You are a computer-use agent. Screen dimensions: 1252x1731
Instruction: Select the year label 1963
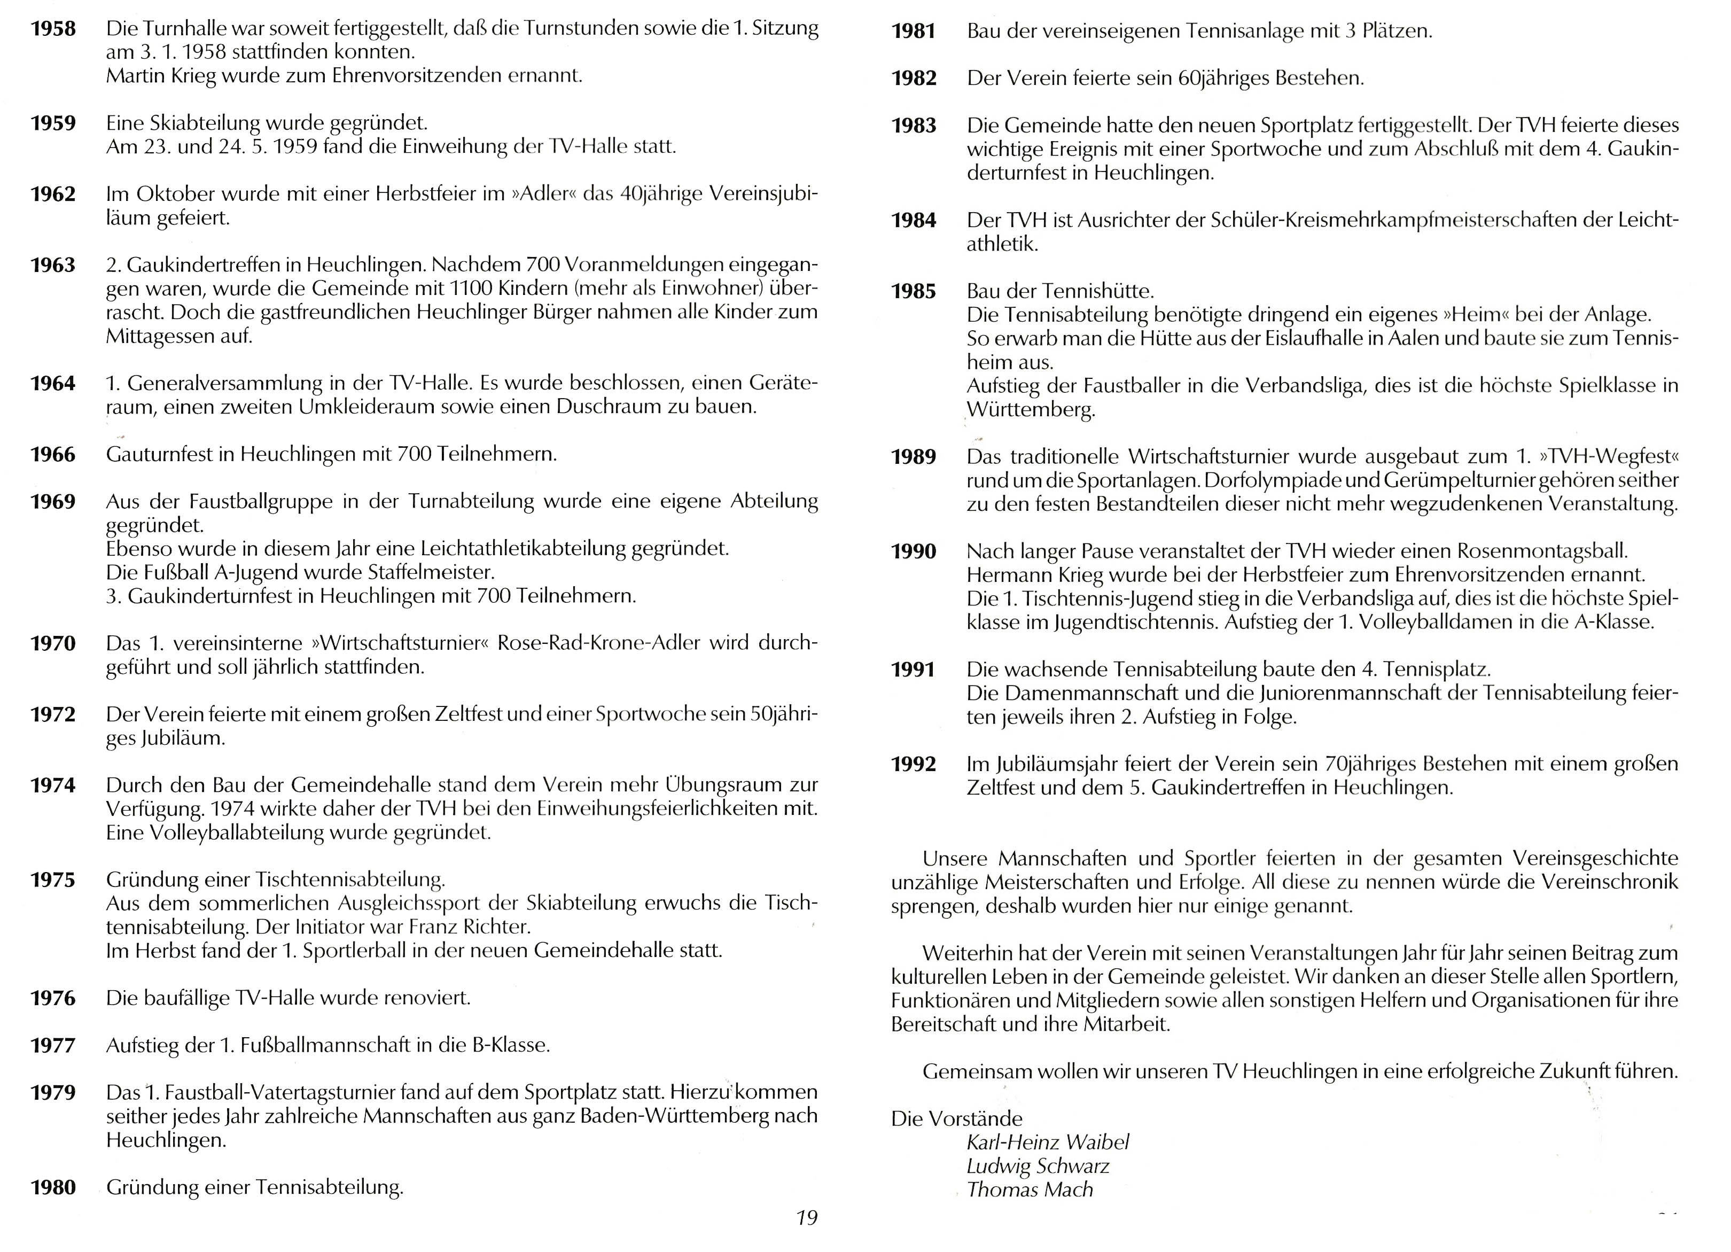pos(53,265)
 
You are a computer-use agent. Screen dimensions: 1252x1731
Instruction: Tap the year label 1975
pos(53,880)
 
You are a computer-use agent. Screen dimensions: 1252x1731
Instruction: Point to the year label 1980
pos(53,1187)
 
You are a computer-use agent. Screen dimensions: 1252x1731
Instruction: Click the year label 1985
pos(914,292)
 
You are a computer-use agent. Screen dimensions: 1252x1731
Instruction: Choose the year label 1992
pos(914,764)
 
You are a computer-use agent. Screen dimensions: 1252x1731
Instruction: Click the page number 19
pos(806,1218)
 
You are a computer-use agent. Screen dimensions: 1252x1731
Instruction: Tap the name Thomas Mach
pos(1030,1189)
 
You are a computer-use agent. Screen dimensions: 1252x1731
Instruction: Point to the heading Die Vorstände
pos(956,1118)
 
